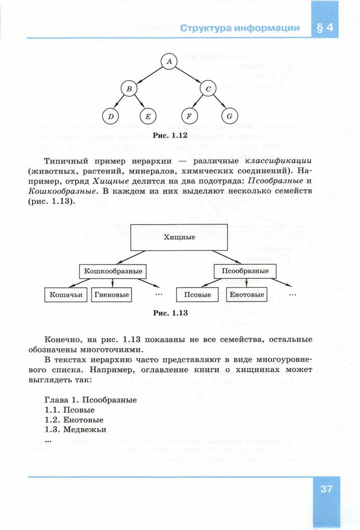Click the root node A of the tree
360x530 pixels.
(169, 61)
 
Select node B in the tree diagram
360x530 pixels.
(129, 89)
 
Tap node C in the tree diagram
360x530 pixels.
(208, 89)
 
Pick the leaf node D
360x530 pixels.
(110, 116)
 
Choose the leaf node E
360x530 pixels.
(148, 116)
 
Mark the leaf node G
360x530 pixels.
(229, 116)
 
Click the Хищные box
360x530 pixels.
(179, 238)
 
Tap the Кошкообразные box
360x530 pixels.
(113, 271)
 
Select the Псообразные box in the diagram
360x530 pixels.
(245, 271)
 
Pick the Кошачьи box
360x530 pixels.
(66, 295)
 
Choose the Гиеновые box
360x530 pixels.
(111, 295)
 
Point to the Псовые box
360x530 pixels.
(198, 295)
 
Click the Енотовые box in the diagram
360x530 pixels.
(247, 295)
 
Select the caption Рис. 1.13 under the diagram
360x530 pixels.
(171, 313)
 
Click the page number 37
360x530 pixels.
(326, 489)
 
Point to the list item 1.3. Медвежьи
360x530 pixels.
(76, 430)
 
